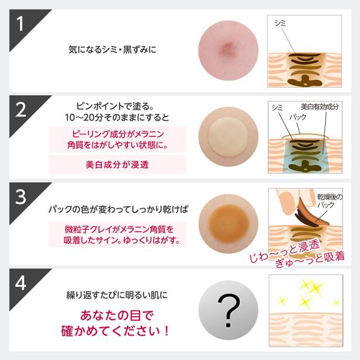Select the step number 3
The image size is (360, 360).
(20, 197)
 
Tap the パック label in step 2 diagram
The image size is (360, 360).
(298, 119)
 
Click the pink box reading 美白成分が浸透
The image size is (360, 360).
(116, 164)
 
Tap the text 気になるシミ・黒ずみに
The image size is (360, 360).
(116, 49)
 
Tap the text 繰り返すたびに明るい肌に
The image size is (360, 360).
(116, 294)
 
